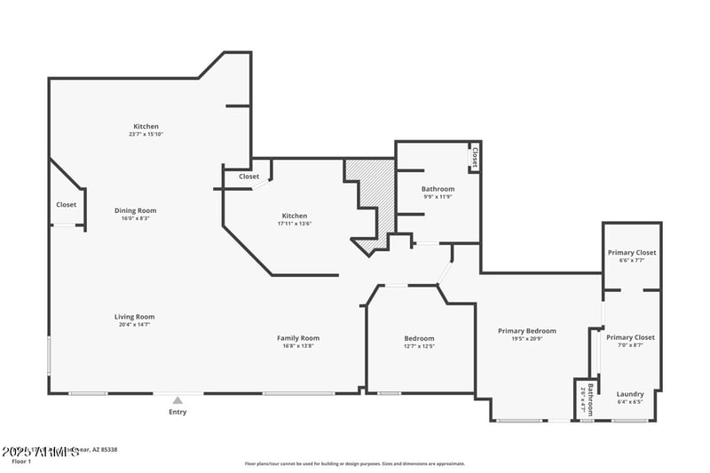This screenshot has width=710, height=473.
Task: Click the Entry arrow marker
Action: tap(177, 399)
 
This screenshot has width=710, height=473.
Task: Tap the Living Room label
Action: tap(135, 317)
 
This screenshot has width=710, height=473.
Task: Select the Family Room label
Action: tap(298, 337)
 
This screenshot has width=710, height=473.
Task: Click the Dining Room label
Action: tap(135, 210)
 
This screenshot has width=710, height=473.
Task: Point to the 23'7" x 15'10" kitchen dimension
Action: tap(146, 134)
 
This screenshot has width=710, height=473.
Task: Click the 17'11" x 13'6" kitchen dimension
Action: tap(295, 223)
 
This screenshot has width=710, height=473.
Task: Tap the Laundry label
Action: tap(630, 394)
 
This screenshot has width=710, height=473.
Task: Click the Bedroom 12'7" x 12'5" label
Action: tap(419, 338)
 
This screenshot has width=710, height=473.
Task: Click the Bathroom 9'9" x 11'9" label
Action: tap(438, 189)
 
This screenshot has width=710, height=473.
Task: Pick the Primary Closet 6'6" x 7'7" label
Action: tap(632, 253)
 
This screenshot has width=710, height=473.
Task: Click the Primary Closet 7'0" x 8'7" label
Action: tap(630, 337)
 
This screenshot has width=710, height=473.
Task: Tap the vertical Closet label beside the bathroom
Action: tap(475, 157)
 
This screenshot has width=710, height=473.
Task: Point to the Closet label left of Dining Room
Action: tap(67, 205)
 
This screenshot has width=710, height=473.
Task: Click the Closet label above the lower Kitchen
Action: tap(249, 177)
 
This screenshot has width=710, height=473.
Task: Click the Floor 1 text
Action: tap(21, 461)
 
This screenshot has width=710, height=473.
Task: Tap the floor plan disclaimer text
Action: tap(355, 463)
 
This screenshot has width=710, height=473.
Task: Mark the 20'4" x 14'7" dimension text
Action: tap(135, 324)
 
